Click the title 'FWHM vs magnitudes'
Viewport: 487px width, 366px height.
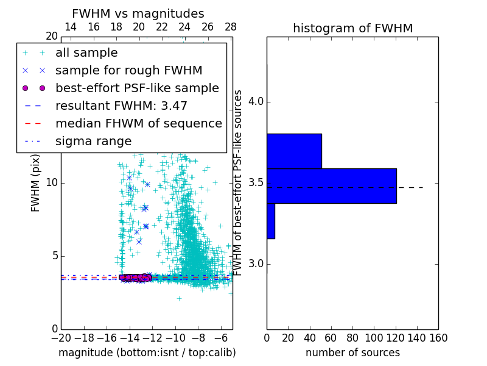(138, 13)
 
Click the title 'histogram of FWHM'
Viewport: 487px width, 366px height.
(352, 28)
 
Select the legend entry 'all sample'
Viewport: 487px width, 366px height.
(86, 53)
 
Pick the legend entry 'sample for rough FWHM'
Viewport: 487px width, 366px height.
(129, 71)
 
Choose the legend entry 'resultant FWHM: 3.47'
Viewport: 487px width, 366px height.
(121, 106)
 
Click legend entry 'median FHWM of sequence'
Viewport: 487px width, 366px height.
(138, 123)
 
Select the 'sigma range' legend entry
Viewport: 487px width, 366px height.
(93, 141)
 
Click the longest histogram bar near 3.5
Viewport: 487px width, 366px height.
(331, 185)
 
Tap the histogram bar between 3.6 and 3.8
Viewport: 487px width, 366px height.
(294, 151)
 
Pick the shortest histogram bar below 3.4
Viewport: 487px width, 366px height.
(270, 221)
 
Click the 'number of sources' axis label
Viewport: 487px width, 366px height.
(352, 353)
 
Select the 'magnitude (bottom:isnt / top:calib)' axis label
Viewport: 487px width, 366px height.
(147, 353)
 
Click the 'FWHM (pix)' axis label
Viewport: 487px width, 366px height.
(36, 183)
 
